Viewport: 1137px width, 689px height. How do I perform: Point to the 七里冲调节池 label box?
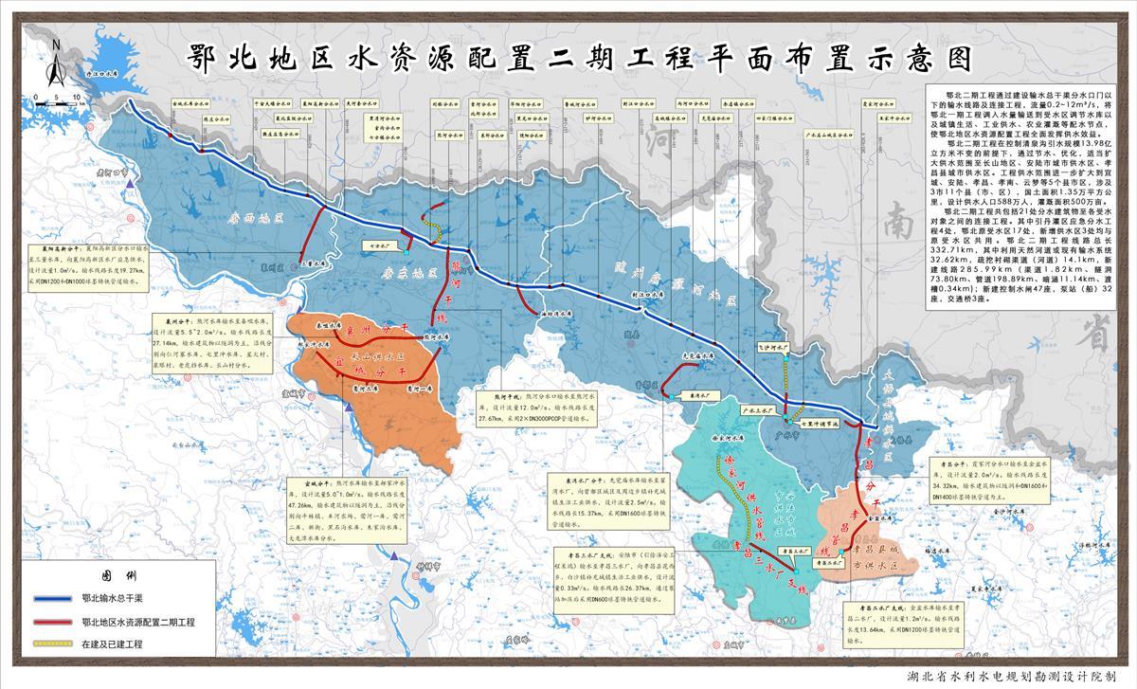point(820,424)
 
